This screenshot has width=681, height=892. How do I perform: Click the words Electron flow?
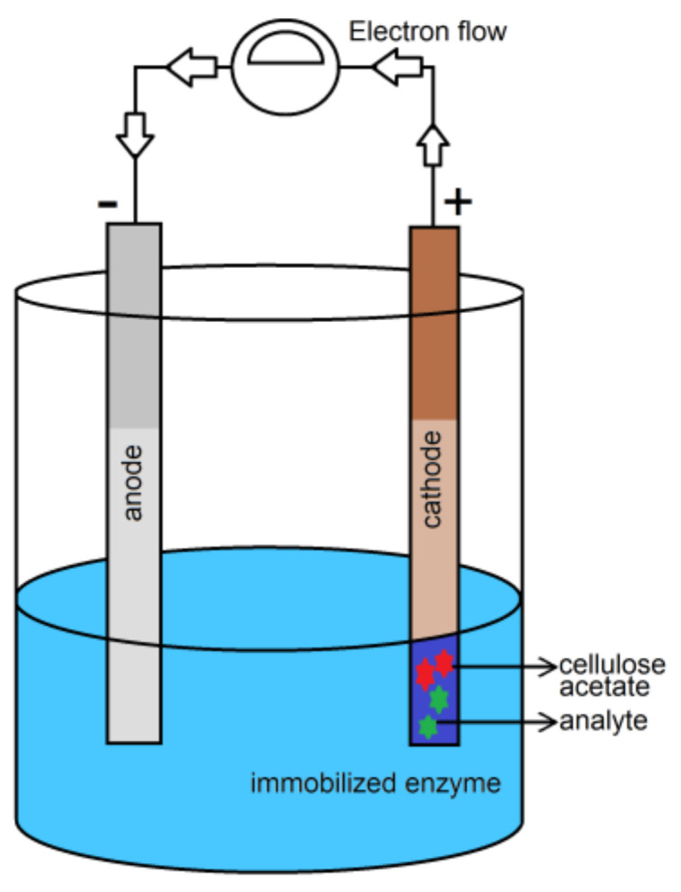[x=427, y=32]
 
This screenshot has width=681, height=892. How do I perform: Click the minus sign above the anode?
[x=106, y=205]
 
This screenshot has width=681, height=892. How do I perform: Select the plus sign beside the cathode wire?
[x=458, y=202]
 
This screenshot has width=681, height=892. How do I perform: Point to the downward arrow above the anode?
[x=135, y=134]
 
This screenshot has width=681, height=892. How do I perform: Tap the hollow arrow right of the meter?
[x=397, y=66]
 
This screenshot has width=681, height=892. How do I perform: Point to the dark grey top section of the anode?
[x=134, y=324]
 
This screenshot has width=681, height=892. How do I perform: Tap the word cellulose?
[x=612, y=665]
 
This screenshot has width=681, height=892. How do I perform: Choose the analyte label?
[x=603, y=721]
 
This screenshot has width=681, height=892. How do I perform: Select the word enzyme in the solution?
[x=454, y=782]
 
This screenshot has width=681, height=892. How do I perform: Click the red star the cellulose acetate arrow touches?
[x=444, y=663]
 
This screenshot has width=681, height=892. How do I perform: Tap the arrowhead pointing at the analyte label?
[x=545, y=721]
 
